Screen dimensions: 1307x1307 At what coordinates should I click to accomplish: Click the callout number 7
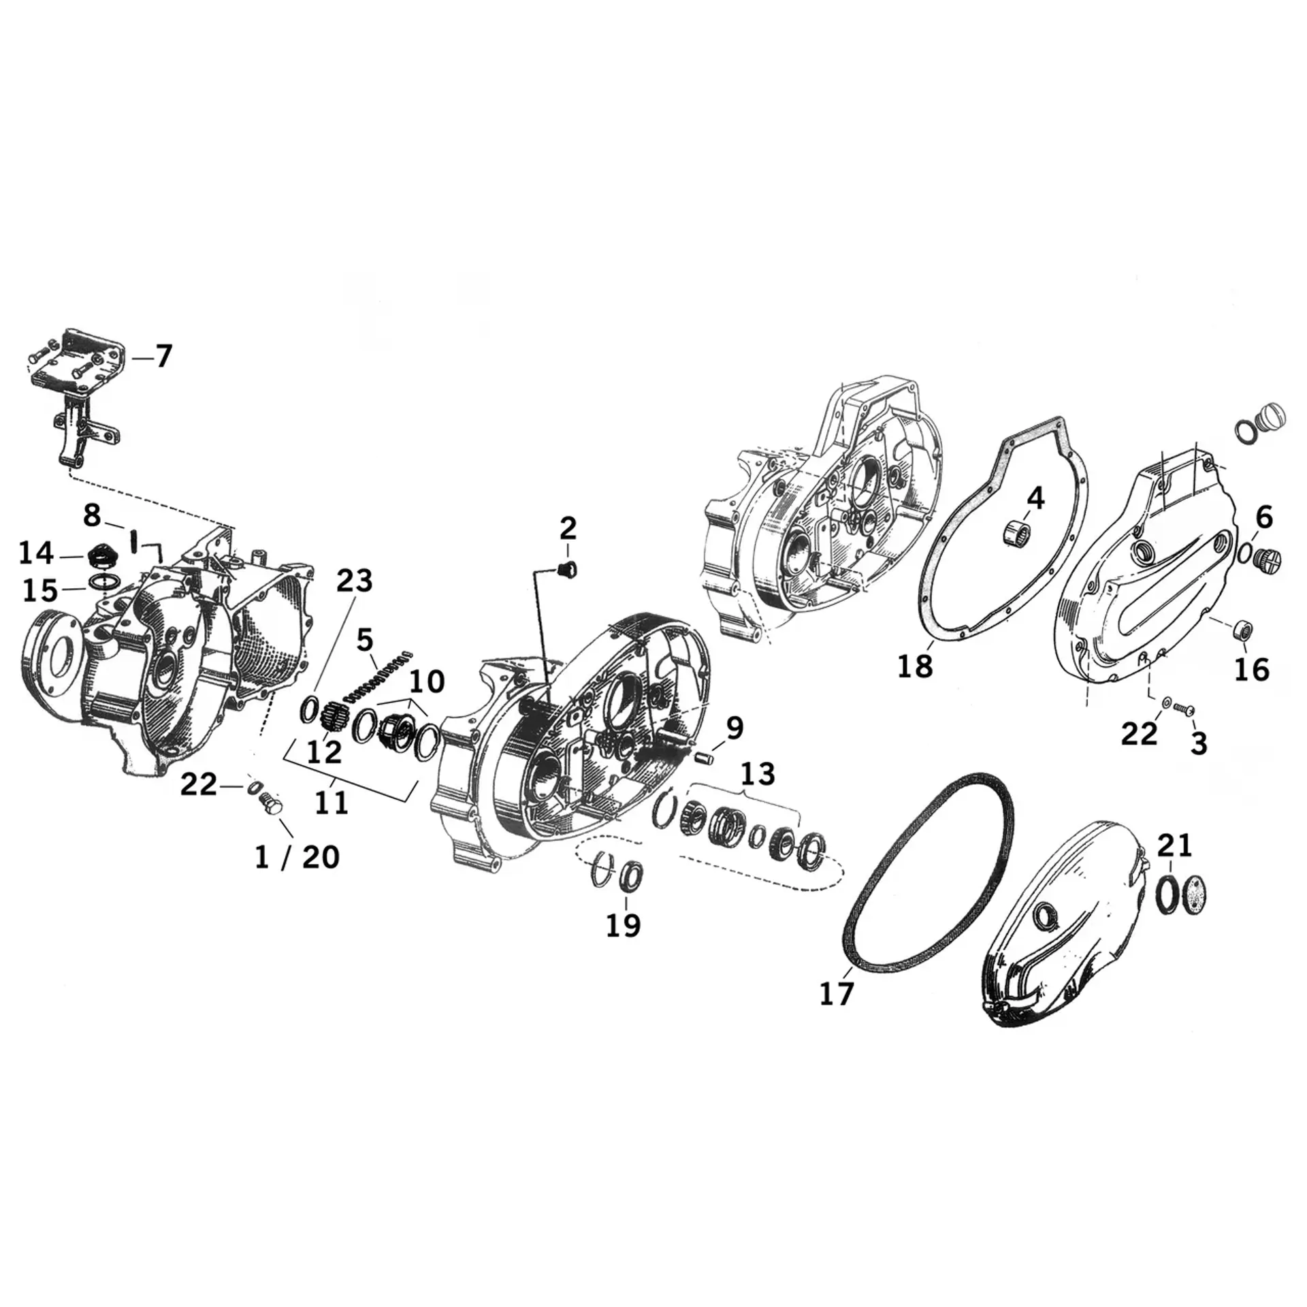(x=163, y=356)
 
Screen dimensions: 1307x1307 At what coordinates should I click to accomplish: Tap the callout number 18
(x=915, y=665)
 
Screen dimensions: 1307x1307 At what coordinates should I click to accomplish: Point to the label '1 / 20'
(x=297, y=857)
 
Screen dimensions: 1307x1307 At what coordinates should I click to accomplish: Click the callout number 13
(x=758, y=774)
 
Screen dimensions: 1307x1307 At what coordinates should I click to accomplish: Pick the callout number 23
(x=355, y=581)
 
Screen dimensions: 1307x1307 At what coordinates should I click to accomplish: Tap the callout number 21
(x=1175, y=845)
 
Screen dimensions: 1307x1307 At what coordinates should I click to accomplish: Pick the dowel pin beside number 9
(x=703, y=756)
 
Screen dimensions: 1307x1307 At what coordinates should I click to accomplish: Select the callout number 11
(x=332, y=804)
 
